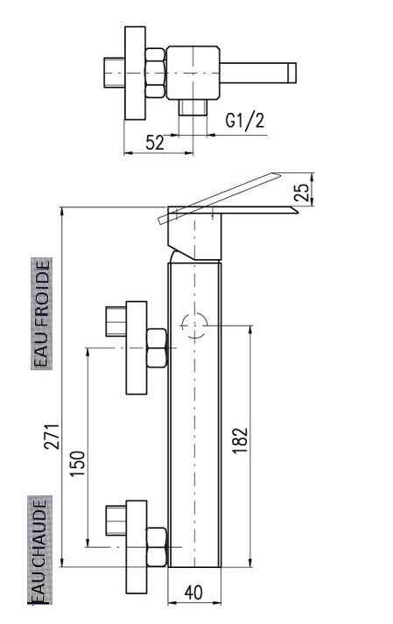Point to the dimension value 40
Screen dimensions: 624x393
pyautogui.click(x=194, y=593)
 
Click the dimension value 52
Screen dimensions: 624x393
pyautogui.click(x=154, y=142)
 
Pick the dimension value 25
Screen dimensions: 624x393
pyautogui.click(x=302, y=193)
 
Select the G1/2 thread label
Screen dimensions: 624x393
pyautogui.click(x=244, y=122)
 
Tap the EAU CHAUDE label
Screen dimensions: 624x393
pyautogui.click(x=40, y=551)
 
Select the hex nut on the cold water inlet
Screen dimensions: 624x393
pyautogui.click(x=158, y=348)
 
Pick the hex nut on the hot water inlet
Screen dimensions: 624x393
pyautogui.click(x=158, y=548)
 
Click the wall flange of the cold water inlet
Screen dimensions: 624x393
pyautogui.click(x=137, y=348)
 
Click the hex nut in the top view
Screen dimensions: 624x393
pyautogui.click(x=154, y=73)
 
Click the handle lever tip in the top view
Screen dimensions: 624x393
pyautogui.click(x=290, y=70)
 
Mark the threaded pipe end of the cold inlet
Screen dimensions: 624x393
pyautogui.click(x=115, y=321)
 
